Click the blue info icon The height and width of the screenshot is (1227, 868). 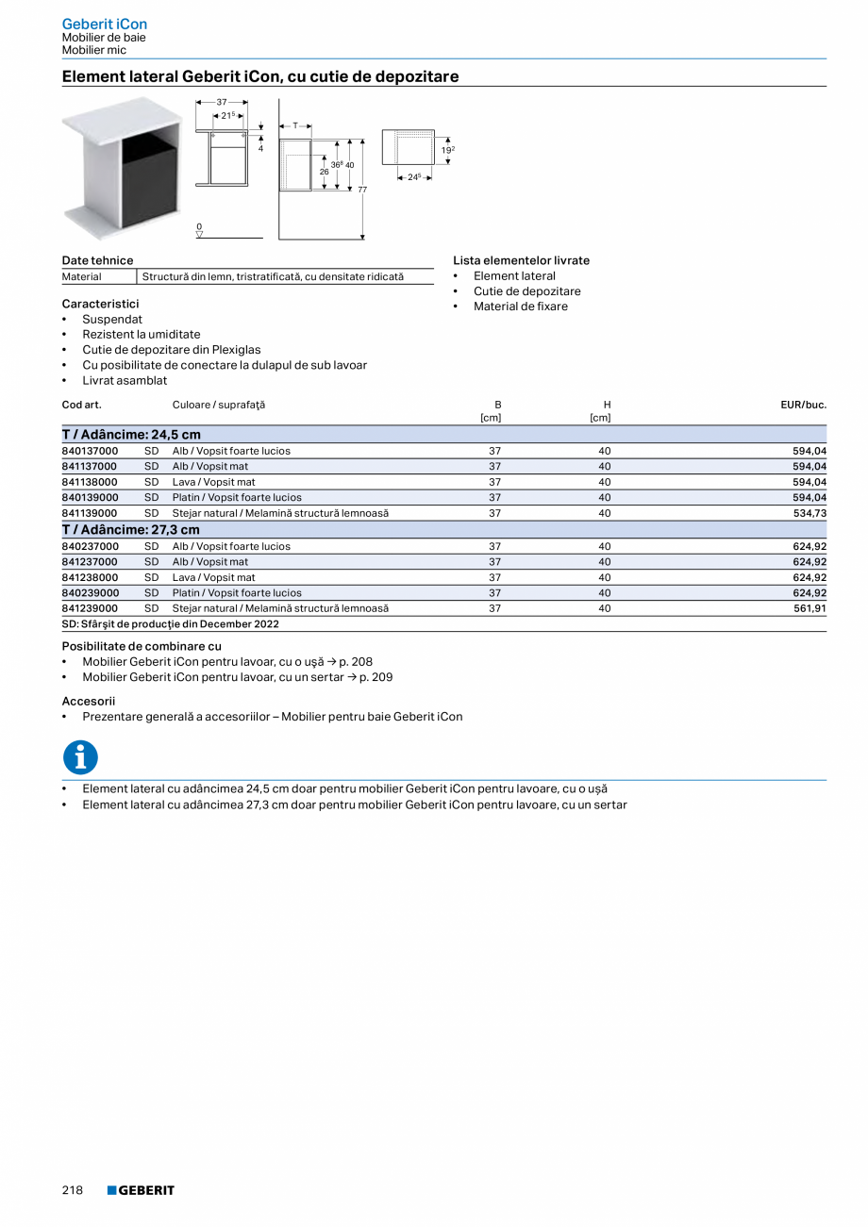[x=80, y=756]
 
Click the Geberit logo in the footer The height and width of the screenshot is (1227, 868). [x=141, y=1190]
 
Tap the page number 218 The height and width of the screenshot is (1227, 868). [x=73, y=1190]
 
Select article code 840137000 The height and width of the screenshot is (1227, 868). [x=90, y=451]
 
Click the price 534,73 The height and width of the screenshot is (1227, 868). [x=809, y=513]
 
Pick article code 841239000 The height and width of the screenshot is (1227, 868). [x=90, y=608]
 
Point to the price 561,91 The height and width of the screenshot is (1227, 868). [x=809, y=608]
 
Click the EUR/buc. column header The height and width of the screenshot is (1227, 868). [x=803, y=405]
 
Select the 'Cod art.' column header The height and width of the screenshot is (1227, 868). [x=81, y=405]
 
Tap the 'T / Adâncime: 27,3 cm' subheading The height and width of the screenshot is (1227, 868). [x=131, y=530]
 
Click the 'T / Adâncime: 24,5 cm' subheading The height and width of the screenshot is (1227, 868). [x=131, y=435]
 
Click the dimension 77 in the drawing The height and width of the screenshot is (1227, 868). [x=362, y=190]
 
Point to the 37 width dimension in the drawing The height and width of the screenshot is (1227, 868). [x=222, y=101]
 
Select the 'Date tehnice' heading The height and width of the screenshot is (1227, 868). [x=97, y=260]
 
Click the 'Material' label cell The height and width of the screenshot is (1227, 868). [x=82, y=276]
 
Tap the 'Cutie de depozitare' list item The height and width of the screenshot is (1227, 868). [x=526, y=291]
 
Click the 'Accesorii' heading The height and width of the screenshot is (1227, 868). [x=89, y=701]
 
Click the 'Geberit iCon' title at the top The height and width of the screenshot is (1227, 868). [x=105, y=24]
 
